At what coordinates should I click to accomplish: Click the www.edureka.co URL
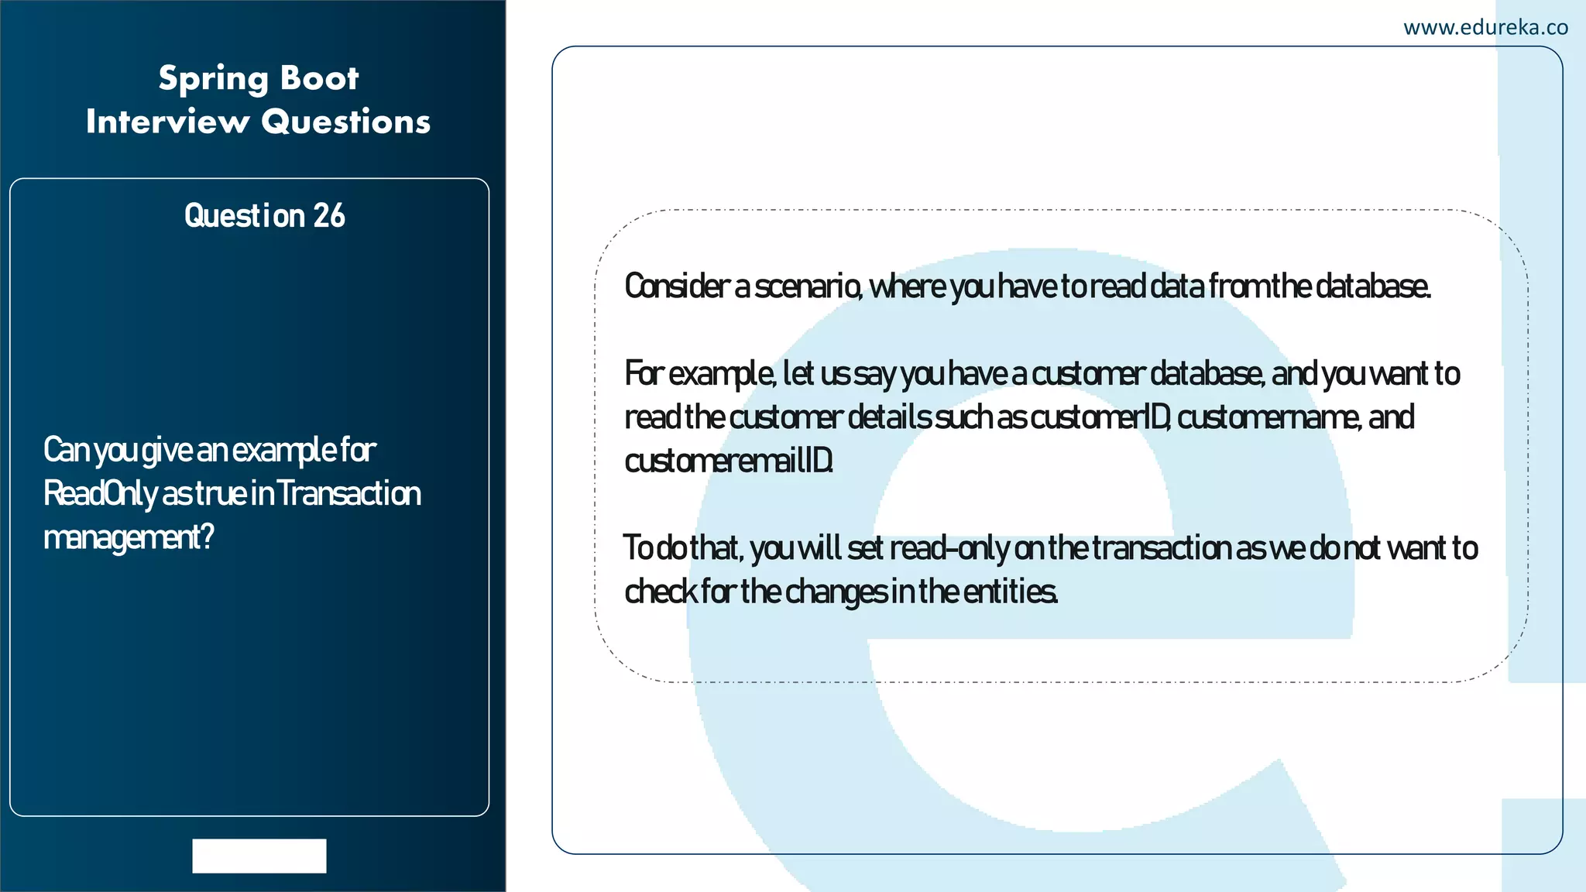tap(1485, 28)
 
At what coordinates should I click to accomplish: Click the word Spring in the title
tap(213, 79)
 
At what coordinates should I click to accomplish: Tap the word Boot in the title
tap(319, 78)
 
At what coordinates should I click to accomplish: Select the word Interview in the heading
tap(167, 122)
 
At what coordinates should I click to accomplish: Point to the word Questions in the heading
tap(345, 122)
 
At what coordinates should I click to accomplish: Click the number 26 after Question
tap(328, 216)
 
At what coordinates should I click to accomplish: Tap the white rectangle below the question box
tap(259, 856)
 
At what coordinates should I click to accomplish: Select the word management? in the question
tap(129, 537)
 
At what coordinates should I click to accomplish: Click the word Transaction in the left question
tap(348, 493)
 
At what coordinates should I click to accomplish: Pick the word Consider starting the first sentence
tap(677, 286)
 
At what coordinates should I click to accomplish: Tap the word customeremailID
tap(729, 461)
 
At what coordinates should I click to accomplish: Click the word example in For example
tap(721, 374)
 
